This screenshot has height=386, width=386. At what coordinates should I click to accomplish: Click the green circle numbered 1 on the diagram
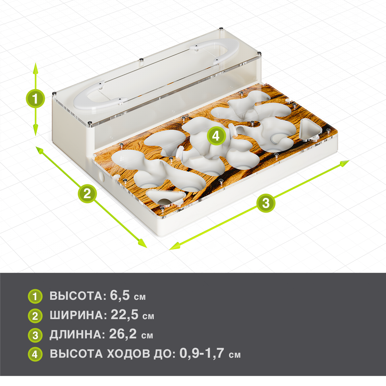[35, 98]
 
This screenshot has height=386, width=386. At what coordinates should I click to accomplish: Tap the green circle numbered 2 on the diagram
[87, 194]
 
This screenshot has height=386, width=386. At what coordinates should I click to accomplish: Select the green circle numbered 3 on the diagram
[266, 203]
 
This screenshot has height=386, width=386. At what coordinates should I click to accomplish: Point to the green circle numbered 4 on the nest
[216, 136]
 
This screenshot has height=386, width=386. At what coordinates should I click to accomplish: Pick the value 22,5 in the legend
[124, 315]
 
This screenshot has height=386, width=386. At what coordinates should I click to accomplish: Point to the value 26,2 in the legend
[123, 334]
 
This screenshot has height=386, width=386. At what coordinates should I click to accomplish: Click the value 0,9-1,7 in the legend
[201, 353]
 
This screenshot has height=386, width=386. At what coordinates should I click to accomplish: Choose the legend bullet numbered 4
[35, 354]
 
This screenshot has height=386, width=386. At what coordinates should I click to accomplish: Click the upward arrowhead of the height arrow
[35, 68]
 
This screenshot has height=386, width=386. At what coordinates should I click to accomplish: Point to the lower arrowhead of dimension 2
[142, 243]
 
